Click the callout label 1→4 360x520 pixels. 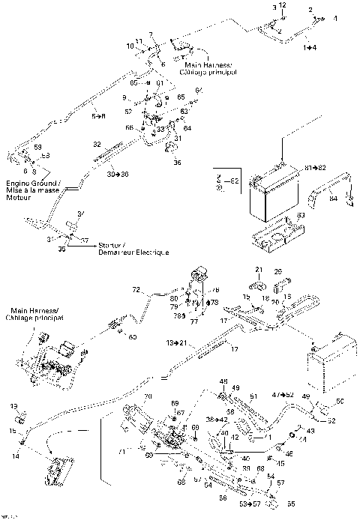pos(310,47)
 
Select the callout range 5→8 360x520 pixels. pos(98,115)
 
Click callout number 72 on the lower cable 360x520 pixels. pos(136,288)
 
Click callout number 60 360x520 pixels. pos(132,337)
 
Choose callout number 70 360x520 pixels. pos(148,395)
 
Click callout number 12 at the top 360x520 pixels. pos(283,5)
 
